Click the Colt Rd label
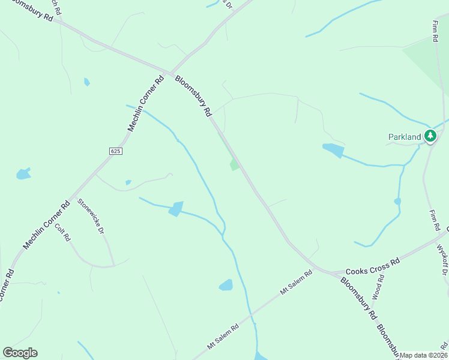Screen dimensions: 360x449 (x=63, y=232)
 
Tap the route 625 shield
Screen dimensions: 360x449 (x=116, y=151)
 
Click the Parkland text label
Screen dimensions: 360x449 (x=405, y=137)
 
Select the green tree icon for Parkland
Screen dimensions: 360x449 (x=430, y=136)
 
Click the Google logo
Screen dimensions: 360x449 (x=20, y=353)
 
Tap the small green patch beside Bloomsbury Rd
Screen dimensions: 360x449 (x=234, y=164)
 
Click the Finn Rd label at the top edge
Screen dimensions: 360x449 (x=435, y=31)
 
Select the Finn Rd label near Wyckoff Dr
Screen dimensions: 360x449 (x=435, y=221)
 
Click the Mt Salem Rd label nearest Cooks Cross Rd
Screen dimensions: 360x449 (x=297, y=283)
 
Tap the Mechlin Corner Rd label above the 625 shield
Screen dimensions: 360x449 (x=146, y=103)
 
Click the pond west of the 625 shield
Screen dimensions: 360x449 (x=23, y=175)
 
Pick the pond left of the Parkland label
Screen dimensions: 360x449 (x=333, y=150)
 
